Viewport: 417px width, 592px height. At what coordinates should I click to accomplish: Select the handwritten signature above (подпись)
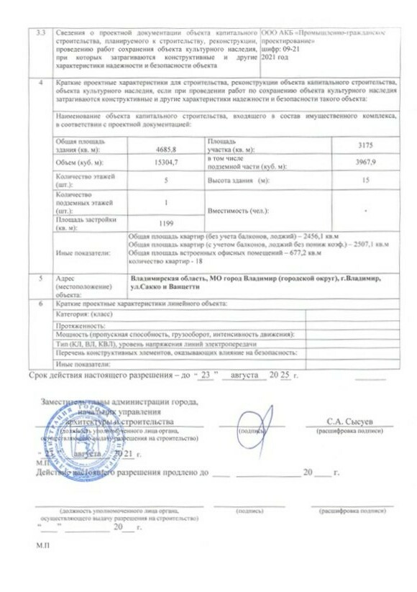tap(249, 419)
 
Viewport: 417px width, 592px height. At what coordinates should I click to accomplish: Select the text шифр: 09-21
tap(284, 49)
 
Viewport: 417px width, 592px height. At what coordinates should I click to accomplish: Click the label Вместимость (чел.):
tap(237, 211)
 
